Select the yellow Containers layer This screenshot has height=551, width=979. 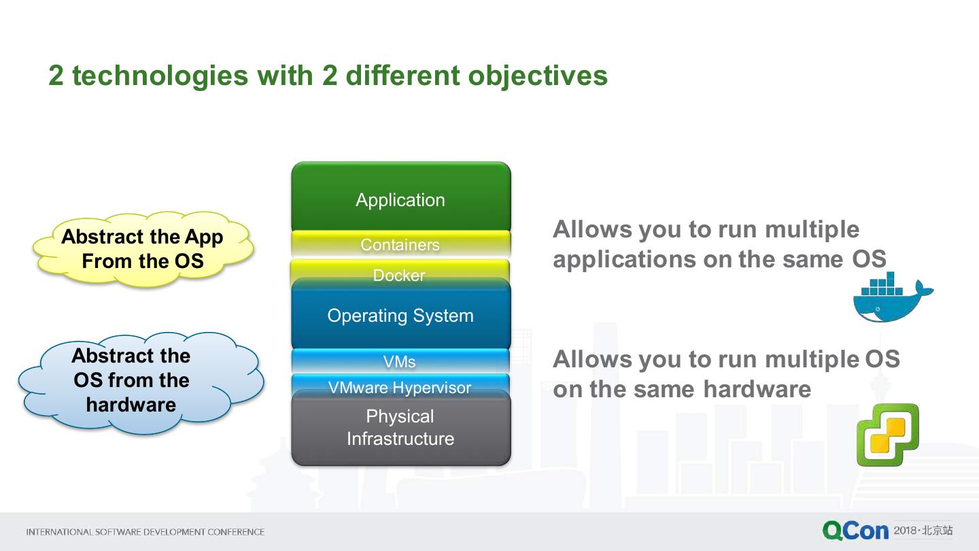point(400,245)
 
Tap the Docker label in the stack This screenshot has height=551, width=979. point(399,275)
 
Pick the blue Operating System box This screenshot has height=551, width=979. point(400,316)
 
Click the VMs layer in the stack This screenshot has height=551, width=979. point(399,362)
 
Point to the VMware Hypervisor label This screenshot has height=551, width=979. point(399,388)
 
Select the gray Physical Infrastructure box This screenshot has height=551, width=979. point(400,428)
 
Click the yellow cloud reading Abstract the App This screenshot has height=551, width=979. point(143,249)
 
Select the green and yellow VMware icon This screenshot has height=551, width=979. point(887,434)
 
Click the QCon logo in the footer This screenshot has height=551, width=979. point(855,531)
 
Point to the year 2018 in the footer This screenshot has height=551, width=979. point(905,530)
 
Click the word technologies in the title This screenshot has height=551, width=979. point(160,76)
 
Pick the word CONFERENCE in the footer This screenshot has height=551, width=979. point(235,532)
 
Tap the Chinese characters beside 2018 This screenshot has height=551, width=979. point(938,530)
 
